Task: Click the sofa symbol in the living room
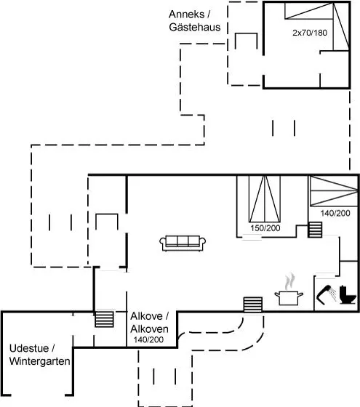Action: [183, 243]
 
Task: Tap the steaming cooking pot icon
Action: [289, 297]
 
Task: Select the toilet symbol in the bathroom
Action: [348, 294]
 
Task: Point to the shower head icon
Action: [326, 294]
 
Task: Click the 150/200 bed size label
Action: [265, 228]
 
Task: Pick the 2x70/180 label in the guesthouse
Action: [310, 33]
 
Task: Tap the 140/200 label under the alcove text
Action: [148, 339]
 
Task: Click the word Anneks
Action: [186, 15]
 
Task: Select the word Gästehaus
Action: [195, 27]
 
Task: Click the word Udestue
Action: [29, 348]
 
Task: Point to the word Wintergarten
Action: [40, 361]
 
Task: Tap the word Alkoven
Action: [149, 329]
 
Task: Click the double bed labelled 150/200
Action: [265, 199]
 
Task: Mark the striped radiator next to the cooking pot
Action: [253, 305]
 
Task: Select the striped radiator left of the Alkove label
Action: [104, 319]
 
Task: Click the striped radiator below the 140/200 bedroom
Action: [315, 230]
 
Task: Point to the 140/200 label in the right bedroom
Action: [335, 213]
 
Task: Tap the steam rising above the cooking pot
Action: [290, 281]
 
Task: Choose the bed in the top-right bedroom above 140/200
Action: [334, 191]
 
